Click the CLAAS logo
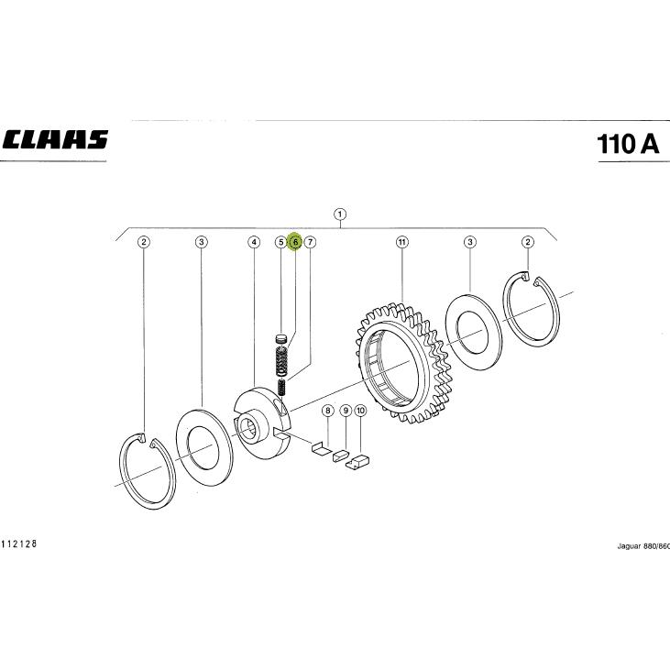[55, 139]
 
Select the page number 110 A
[628, 144]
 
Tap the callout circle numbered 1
[340, 214]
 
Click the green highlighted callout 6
[295, 242]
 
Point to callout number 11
[402, 242]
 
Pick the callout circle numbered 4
[254, 242]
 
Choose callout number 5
[280, 242]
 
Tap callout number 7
[310, 242]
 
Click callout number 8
[328, 411]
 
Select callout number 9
[346, 411]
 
